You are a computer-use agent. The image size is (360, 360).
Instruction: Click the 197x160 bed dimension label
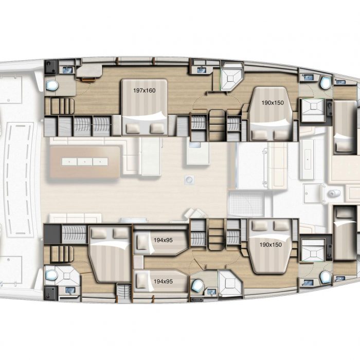145,91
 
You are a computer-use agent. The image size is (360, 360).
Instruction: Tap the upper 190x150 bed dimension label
273,103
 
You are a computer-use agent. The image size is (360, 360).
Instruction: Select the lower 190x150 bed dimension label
271,245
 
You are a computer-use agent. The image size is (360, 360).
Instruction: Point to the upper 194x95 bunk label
163,240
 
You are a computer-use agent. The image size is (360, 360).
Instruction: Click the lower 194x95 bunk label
163,281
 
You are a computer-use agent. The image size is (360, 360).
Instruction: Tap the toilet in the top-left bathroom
52,86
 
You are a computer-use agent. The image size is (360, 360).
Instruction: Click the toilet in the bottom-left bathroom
51,275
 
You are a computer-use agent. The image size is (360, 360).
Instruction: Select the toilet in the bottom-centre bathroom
197,285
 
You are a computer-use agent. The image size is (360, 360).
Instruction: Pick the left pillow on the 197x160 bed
133,129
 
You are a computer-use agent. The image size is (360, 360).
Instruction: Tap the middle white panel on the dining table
85,161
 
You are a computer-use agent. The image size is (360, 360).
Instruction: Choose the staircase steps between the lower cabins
217,234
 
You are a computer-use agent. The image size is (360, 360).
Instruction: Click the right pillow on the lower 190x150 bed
281,225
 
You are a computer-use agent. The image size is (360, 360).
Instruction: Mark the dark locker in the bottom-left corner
50,294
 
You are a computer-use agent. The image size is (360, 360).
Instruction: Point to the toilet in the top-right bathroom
325,83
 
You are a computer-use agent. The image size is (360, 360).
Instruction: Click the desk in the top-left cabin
89,71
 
